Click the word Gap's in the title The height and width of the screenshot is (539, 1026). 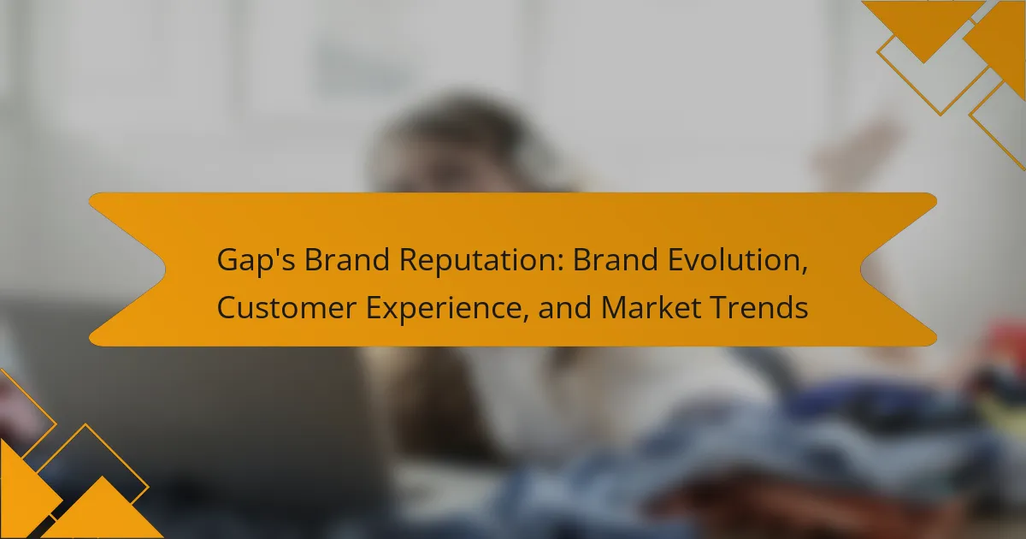pyautogui.click(x=256, y=261)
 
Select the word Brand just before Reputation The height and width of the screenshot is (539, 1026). pyautogui.click(x=347, y=259)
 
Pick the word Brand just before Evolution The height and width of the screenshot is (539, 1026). pyautogui.click(x=616, y=259)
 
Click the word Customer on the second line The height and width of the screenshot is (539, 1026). pyautogui.click(x=286, y=307)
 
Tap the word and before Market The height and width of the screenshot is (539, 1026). pyautogui.click(x=565, y=307)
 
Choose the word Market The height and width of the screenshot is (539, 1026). pyautogui.click(x=651, y=307)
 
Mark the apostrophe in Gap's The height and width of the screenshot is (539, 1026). pyautogui.click(x=272, y=252)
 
